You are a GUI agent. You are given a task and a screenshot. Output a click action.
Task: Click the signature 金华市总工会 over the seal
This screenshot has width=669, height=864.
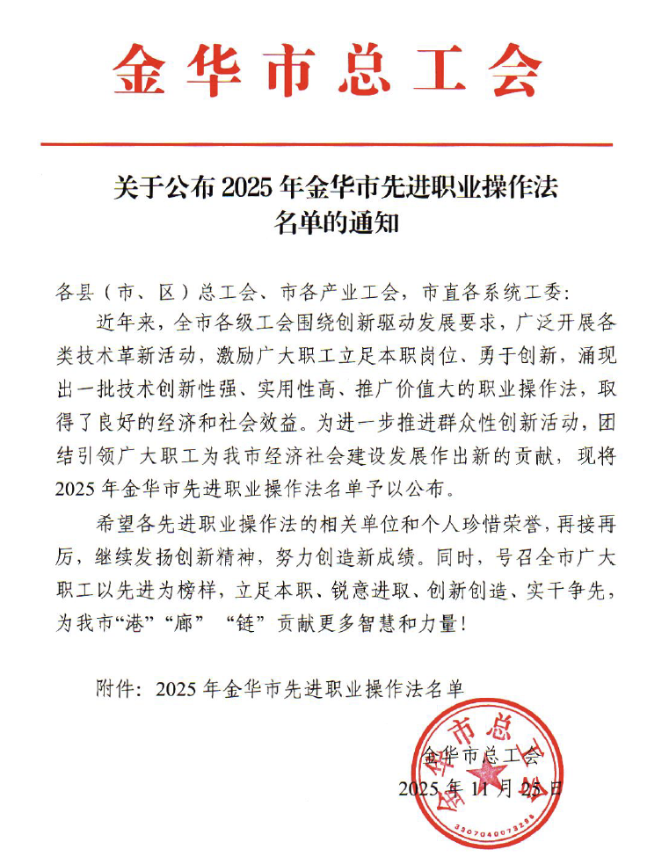click(479, 753)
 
